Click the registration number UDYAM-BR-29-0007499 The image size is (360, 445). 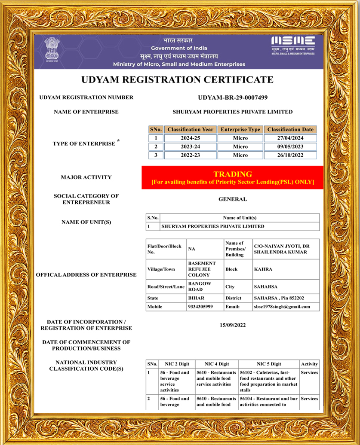233,98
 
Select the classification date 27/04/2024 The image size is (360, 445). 290,138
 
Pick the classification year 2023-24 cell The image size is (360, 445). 190,147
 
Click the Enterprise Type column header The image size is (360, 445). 240,129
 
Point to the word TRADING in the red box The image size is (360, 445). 232,174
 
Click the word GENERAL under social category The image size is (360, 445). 233,199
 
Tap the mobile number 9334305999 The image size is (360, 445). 200,307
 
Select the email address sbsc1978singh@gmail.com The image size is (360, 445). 282,307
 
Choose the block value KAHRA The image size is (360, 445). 263,269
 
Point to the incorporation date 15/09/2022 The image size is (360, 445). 233,325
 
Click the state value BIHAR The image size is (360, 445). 196,298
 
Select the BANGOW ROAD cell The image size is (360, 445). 200,287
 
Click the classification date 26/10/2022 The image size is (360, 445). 290,155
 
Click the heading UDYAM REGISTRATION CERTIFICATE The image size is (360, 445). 177,79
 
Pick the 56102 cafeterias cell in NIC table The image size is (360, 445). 268,381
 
